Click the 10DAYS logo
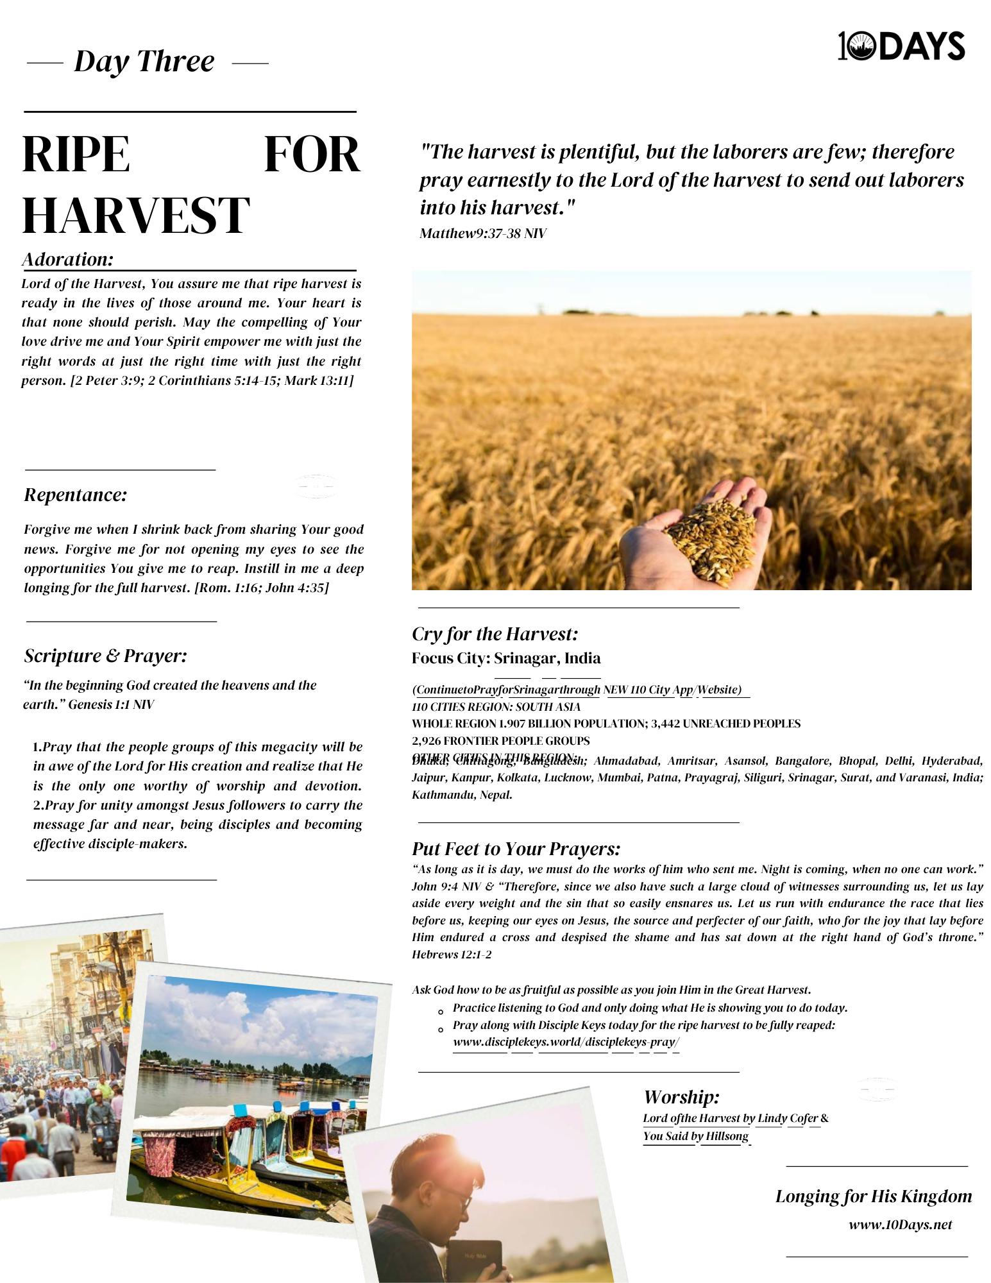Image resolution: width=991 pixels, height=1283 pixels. pos(901,46)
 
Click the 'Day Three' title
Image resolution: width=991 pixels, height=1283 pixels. pos(144,62)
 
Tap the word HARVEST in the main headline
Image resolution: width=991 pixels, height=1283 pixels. pos(136,216)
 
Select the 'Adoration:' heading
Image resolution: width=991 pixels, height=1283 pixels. pos(68,259)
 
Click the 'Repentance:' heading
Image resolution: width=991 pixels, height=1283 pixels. pos(76,495)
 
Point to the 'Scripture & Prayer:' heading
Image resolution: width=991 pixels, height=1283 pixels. pos(106,656)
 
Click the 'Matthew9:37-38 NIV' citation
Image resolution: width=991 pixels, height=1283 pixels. pos(482,234)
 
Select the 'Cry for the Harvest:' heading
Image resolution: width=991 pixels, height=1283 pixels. pos(495,634)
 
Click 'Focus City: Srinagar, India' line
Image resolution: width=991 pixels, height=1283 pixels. pos(506,658)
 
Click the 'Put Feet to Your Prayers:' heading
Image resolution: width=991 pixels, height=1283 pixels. pos(516,849)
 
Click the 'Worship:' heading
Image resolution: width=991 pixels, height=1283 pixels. pos(681,1097)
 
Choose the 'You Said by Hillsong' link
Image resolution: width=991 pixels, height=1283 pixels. pos(695,1136)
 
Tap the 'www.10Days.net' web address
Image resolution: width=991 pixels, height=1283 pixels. pos(900,1225)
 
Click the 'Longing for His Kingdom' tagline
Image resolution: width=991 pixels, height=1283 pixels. pos(873,1196)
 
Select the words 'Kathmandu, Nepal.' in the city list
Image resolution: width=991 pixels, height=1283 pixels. pos(462,795)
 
